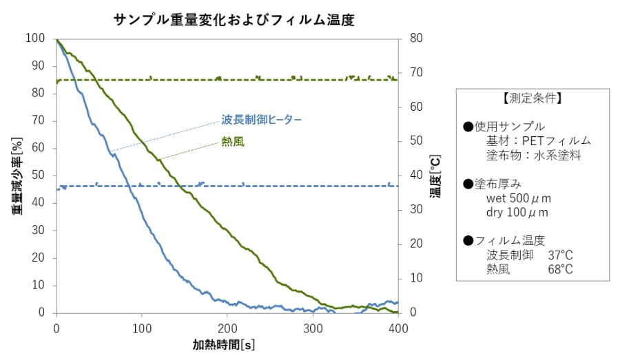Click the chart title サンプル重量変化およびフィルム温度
click(x=234, y=20)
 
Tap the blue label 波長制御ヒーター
click(x=261, y=120)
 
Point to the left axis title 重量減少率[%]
click(x=16, y=175)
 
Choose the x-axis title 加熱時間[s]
click(x=224, y=344)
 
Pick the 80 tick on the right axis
click(x=415, y=39)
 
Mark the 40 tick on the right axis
click(x=415, y=176)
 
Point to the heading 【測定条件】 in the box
click(x=533, y=98)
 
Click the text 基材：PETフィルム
click(x=538, y=141)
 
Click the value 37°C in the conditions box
click(x=560, y=255)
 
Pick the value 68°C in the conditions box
click(x=560, y=269)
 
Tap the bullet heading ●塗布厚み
click(x=497, y=184)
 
